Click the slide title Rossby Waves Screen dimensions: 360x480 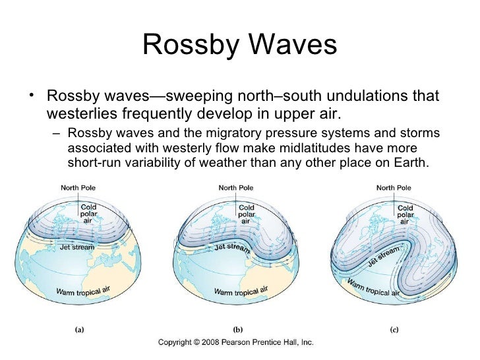pyautogui.click(x=239, y=45)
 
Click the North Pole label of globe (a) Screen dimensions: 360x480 pyautogui.click(x=78, y=187)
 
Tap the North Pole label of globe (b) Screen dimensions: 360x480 pyautogui.click(x=236, y=187)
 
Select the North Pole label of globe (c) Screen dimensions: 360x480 pyautogui.click(x=394, y=187)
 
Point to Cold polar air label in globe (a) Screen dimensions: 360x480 pyautogui.click(x=88, y=214)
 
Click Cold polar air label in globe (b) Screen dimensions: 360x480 pyautogui.click(x=247, y=214)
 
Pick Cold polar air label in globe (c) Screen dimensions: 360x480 pyautogui.click(x=405, y=215)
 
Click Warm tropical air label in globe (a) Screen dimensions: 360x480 pyautogui.click(x=83, y=291)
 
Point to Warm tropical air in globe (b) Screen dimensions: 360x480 pyautogui.click(x=241, y=291)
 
